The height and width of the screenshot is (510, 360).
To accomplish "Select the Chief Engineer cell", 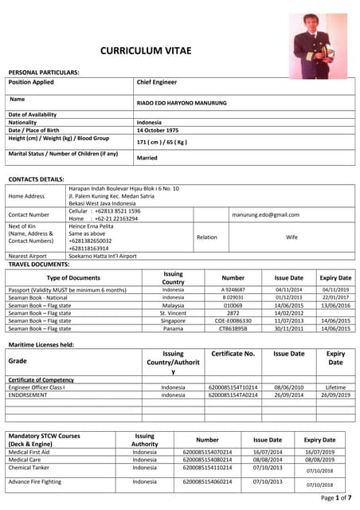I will click(x=157, y=82).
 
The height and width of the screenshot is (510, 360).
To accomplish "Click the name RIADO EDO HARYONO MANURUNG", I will click(x=182, y=103).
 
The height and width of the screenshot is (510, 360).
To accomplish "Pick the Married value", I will click(x=147, y=158).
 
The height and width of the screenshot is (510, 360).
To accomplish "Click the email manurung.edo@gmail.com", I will click(x=266, y=214).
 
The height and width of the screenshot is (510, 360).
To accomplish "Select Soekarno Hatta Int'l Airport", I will click(x=103, y=257).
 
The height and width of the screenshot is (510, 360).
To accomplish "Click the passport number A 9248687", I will click(x=233, y=289).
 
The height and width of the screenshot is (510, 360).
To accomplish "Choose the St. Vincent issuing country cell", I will click(x=173, y=313).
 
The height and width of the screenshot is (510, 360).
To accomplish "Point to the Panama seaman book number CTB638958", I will click(x=233, y=328).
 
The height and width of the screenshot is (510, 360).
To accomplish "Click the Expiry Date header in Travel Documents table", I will click(x=335, y=278).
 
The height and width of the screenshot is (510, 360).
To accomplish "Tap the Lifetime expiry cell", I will click(x=335, y=386).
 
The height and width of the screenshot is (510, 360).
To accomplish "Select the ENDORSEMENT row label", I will click(x=30, y=394).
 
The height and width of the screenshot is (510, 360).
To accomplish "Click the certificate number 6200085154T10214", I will click(x=233, y=386).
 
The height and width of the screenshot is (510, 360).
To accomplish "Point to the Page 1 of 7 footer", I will click(x=335, y=497).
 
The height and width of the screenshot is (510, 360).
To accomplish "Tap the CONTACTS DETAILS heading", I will click(x=36, y=178).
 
